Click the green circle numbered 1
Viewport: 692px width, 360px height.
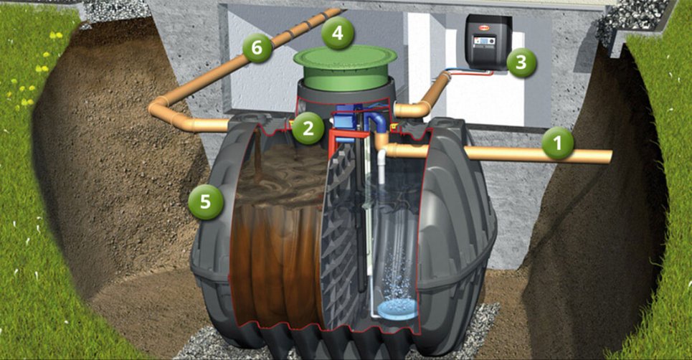point(557,143)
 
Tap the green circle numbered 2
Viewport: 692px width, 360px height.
point(308,128)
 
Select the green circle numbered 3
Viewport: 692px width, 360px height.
point(521,62)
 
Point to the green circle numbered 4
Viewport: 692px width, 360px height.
point(338,33)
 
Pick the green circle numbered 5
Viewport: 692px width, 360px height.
point(206,202)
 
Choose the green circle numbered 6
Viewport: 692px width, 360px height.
point(257,47)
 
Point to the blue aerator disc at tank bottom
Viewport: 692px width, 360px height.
point(397,309)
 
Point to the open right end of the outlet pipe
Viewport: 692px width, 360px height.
point(610,157)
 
